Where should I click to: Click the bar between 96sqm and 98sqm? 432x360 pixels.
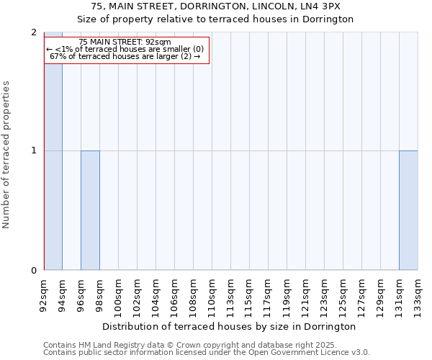pos(90,210)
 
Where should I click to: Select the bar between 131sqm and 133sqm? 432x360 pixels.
pos(408,210)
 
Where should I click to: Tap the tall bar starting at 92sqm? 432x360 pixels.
pos(53,152)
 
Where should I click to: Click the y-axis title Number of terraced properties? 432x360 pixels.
pos(6,154)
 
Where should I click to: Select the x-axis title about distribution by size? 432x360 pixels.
pos(229,326)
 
